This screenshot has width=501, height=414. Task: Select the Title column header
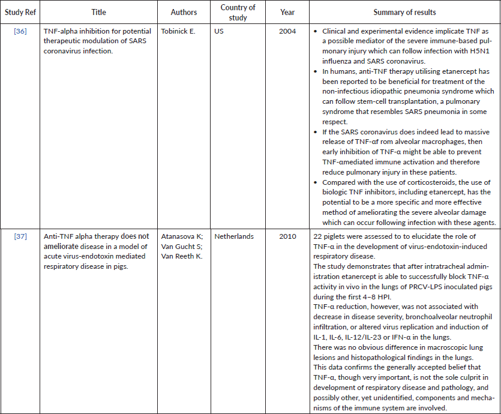[x=98, y=12]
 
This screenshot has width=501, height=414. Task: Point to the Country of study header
[x=238, y=13]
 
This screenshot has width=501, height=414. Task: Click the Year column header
[x=287, y=12]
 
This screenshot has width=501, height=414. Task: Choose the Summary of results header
[x=404, y=12]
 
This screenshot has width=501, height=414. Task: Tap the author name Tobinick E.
[x=178, y=30]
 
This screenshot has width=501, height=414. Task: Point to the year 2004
[x=287, y=30]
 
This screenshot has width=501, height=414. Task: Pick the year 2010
[x=287, y=236]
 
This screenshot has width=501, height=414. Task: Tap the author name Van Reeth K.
[x=182, y=257]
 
